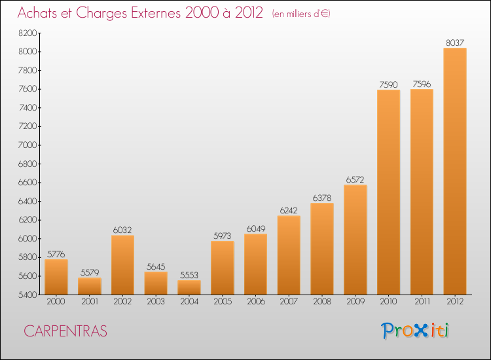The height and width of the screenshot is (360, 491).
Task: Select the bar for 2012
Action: click(455, 171)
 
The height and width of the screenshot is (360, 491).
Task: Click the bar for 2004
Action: click(189, 287)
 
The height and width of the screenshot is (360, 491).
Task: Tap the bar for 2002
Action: click(122, 265)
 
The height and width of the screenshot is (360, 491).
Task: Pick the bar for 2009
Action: click(355, 240)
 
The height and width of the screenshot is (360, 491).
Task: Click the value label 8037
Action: click(455, 43)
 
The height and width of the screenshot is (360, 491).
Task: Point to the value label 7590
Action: click(388, 84)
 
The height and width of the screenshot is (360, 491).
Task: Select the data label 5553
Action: click(189, 275)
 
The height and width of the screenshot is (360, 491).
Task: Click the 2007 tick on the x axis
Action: click(289, 301)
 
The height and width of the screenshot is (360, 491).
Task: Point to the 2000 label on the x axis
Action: click(56, 301)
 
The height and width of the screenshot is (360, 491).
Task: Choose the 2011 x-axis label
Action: click(422, 301)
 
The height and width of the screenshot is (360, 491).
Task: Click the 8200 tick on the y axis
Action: click(29, 33)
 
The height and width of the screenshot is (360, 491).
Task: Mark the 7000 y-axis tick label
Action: click(29, 145)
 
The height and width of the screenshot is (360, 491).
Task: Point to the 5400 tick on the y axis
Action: click(29, 295)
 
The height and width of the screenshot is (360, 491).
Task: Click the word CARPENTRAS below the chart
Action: click(65, 331)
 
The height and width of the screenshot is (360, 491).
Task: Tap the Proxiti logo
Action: click(416, 331)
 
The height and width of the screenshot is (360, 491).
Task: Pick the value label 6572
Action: click(355, 179)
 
